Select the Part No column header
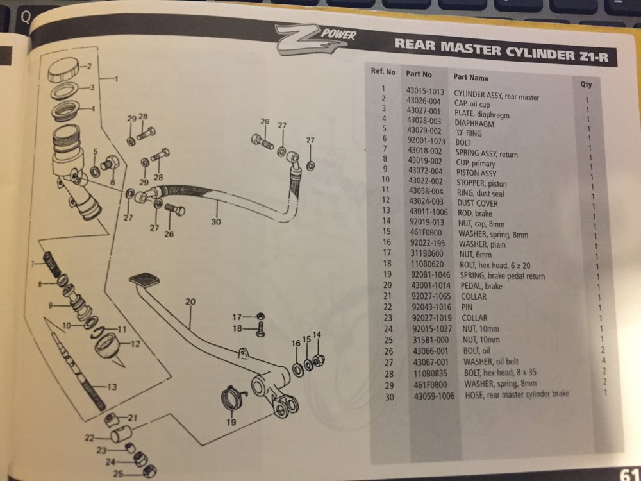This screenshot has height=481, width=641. [x=419, y=74]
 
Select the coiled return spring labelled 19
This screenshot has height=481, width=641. [x=232, y=401]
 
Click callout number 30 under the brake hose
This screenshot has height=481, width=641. [x=215, y=223]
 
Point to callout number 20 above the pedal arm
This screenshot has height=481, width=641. [x=189, y=301]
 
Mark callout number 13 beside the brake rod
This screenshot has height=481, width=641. [x=112, y=387]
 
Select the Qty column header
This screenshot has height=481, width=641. [x=586, y=84]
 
